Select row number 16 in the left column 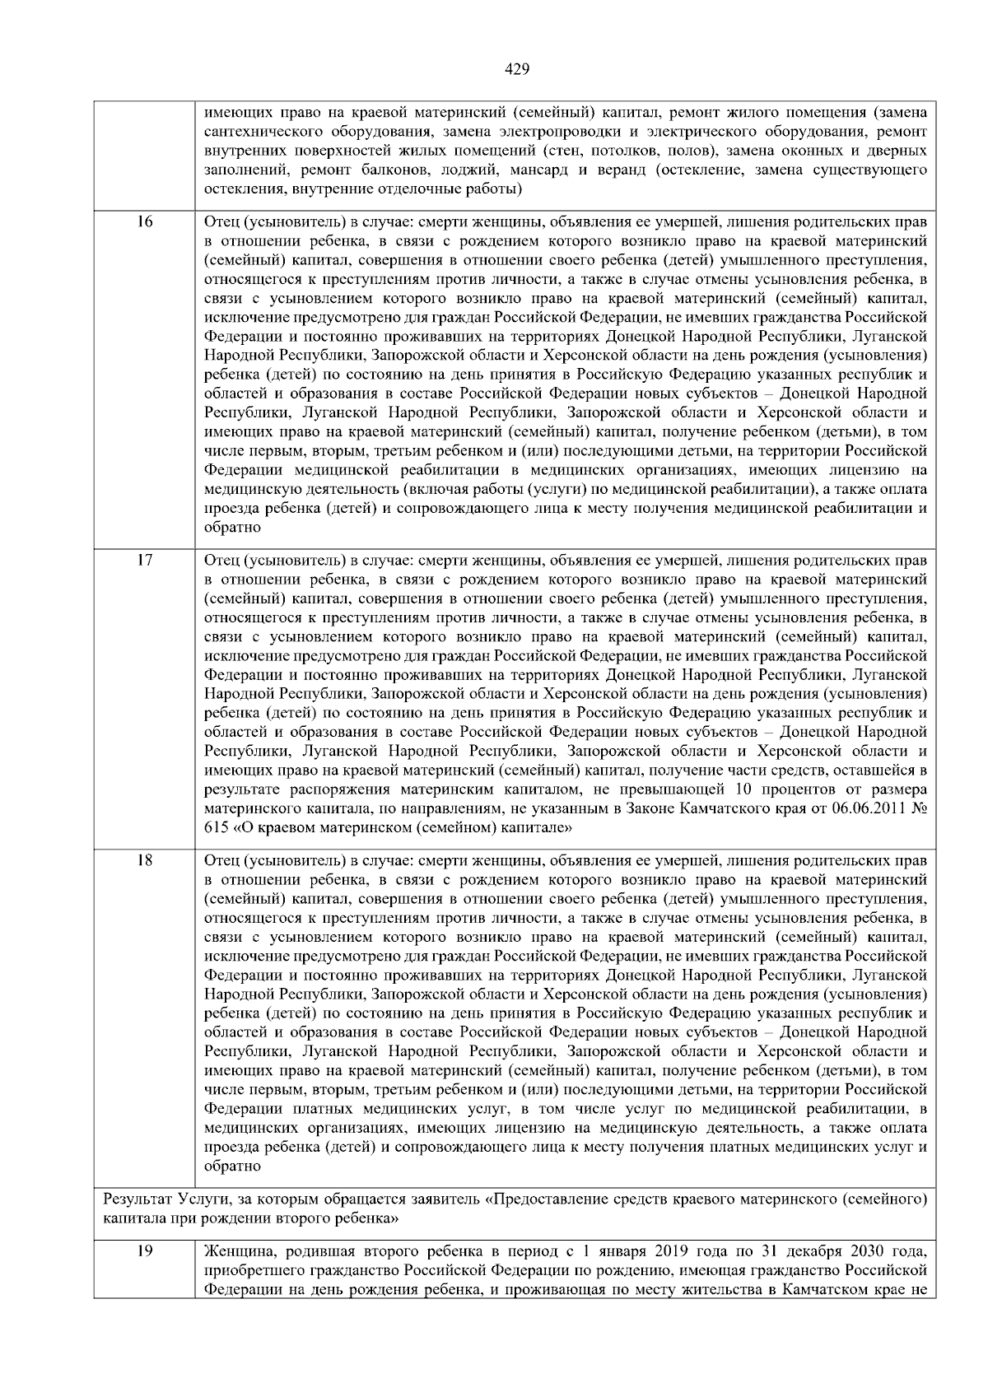pos(144,221)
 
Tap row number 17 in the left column pos(144,561)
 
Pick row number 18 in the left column pos(144,861)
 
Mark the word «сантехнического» pos(259,132)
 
